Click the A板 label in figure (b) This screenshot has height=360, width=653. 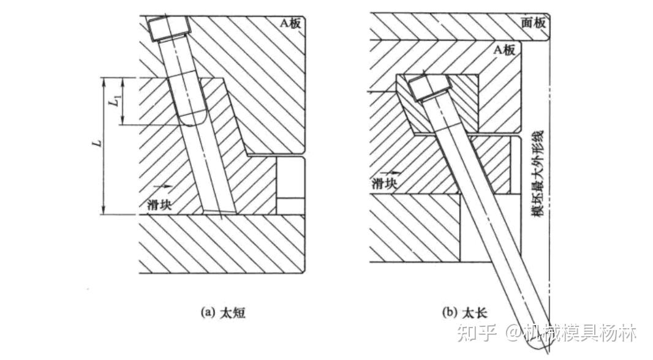pos(504,50)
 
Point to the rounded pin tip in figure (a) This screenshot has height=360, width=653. pos(191,119)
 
